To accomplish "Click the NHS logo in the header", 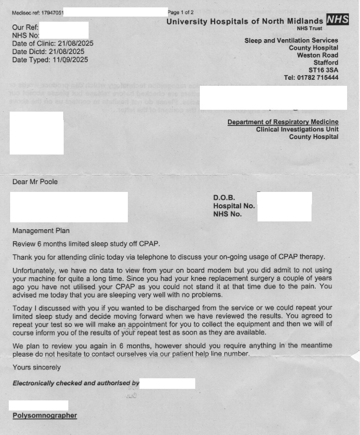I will coord(337,19).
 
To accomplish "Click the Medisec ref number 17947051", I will coord(52,12).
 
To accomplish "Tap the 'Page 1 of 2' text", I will coord(180,12).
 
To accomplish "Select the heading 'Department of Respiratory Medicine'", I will coord(282,122).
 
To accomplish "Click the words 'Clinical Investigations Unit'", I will coord(297,130).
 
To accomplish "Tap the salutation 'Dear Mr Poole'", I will coord(35,182).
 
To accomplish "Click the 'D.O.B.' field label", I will coord(224,198).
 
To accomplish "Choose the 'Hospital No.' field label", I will coord(234,206).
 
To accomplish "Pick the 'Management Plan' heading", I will coord(41,231).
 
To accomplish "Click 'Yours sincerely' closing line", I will coord(36,368).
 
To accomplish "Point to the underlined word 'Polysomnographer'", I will coord(45,416).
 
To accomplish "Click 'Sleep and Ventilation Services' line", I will coord(291,41).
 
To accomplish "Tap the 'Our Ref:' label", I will coord(25,27).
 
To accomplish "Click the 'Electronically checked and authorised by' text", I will coord(76,383).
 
